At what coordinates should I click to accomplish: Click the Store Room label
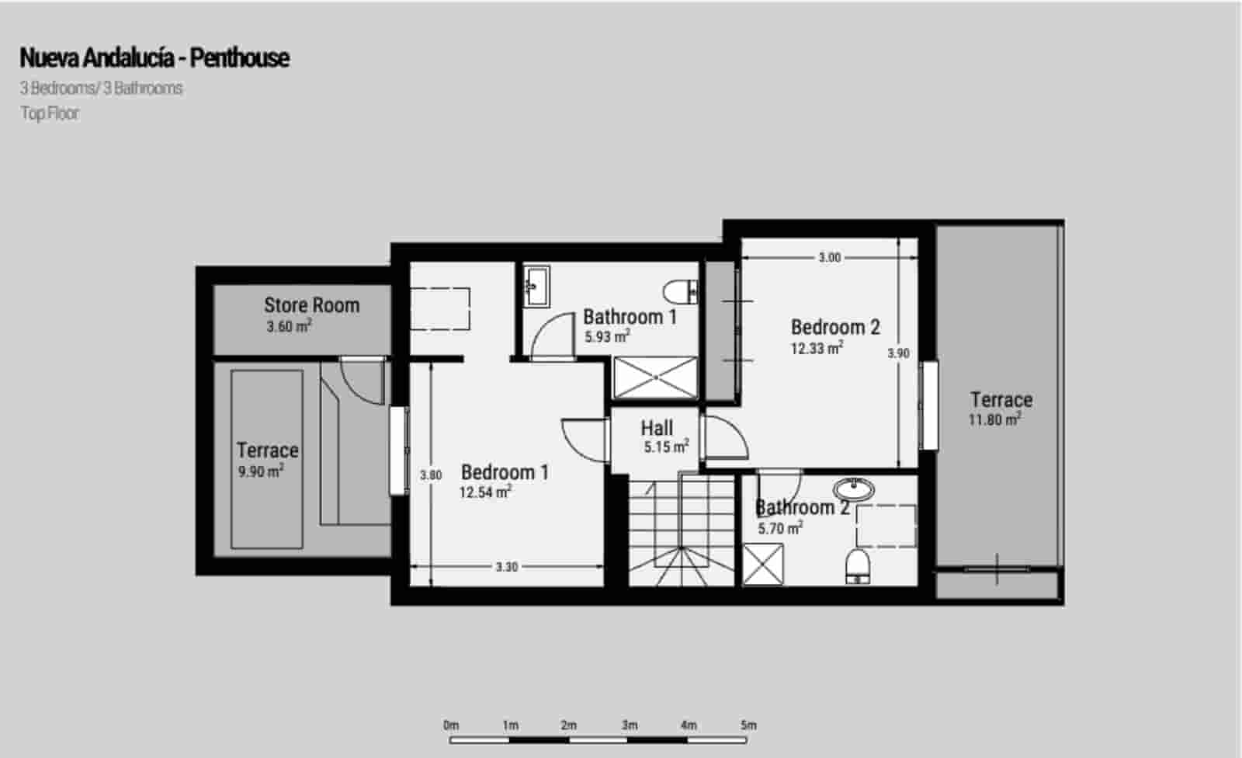point(311,305)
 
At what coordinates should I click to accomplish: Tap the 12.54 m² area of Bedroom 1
point(485,492)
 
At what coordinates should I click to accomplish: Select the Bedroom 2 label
point(835,327)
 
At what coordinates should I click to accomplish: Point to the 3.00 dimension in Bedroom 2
point(829,258)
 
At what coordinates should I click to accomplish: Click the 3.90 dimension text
point(898,353)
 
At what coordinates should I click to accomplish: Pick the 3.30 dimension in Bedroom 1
point(506,568)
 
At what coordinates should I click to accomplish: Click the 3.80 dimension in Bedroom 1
point(431,475)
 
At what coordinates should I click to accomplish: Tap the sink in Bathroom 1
point(536,287)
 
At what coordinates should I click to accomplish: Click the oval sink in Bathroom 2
point(854,489)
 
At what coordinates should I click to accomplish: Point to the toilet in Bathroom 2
point(857,565)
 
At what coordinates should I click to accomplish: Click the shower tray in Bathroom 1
point(656,377)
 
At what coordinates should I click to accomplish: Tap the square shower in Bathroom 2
point(763,565)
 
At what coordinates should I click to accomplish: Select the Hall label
point(657,428)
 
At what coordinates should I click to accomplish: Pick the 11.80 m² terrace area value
point(994,420)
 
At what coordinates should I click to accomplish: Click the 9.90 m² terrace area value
point(261,471)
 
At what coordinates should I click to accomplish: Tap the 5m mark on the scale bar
point(748,725)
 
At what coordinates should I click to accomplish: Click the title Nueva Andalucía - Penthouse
point(154,57)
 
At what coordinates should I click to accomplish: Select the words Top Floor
point(50,113)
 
